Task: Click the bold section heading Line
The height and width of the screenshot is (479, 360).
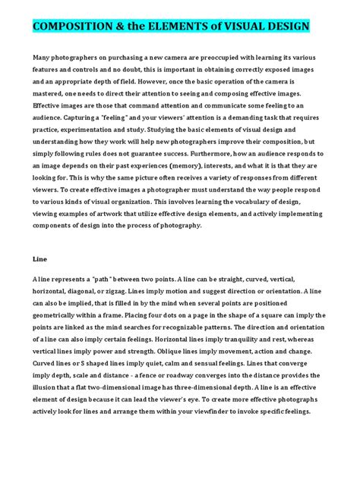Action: coord(39,258)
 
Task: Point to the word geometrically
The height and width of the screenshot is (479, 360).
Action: coord(59,313)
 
